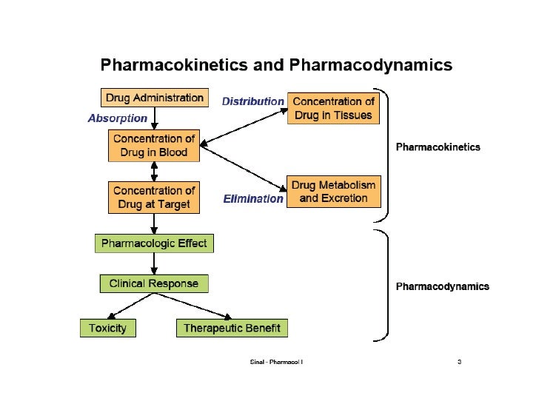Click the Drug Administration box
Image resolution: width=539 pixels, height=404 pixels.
click(153, 98)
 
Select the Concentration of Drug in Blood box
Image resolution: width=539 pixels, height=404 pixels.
click(154, 146)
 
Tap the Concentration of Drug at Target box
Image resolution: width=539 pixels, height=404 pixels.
click(154, 198)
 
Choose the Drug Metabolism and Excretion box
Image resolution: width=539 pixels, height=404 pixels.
click(333, 192)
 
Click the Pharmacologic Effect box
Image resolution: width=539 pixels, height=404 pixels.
click(154, 243)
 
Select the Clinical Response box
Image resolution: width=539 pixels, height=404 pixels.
click(154, 283)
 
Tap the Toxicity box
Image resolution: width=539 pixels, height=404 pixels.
click(108, 328)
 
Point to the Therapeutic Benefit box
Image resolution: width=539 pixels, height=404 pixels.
click(232, 328)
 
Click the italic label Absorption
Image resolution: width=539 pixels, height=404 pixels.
click(117, 118)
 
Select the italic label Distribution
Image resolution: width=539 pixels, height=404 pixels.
click(253, 101)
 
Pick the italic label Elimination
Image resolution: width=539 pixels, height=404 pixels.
click(253, 198)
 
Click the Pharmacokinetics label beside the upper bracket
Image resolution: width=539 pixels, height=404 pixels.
click(438, 147)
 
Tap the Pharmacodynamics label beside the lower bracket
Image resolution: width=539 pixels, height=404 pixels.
click(442, 286)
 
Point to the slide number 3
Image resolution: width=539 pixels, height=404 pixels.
click(460, 362)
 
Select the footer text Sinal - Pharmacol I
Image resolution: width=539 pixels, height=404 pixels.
click(277, 362)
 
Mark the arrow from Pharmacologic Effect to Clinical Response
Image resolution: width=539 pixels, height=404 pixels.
click(154, 263)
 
